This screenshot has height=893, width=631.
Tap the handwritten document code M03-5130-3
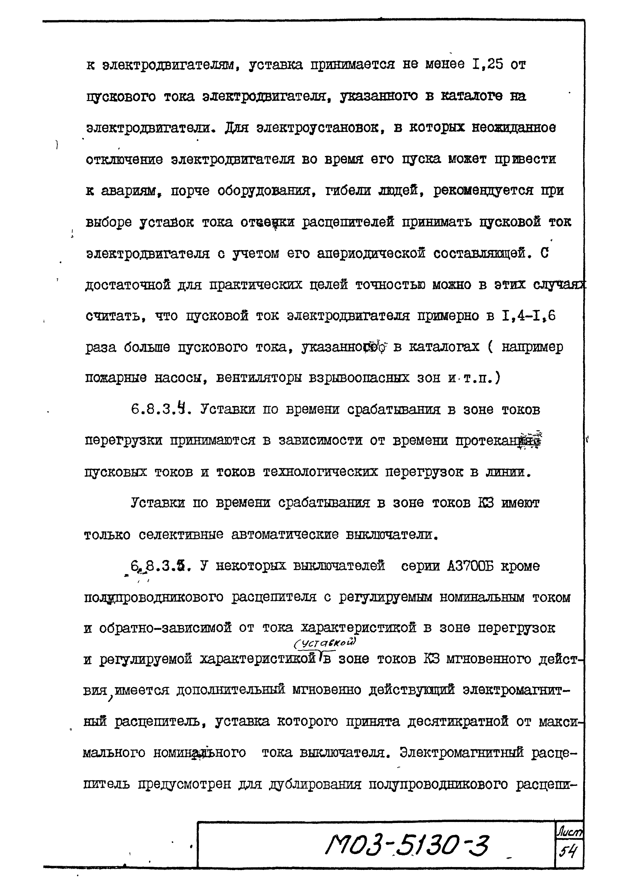pyautogui.click(x=407, y=846)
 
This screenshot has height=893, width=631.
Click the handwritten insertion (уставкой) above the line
pyautogui.click(x=325, y=644)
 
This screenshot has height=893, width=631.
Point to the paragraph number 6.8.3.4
pyautogui.click(x=161, y=409)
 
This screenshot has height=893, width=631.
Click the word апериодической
pyautogui.click(x=371, y=253)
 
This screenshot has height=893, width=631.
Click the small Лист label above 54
pyautogui.click(x=569, y=832)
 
